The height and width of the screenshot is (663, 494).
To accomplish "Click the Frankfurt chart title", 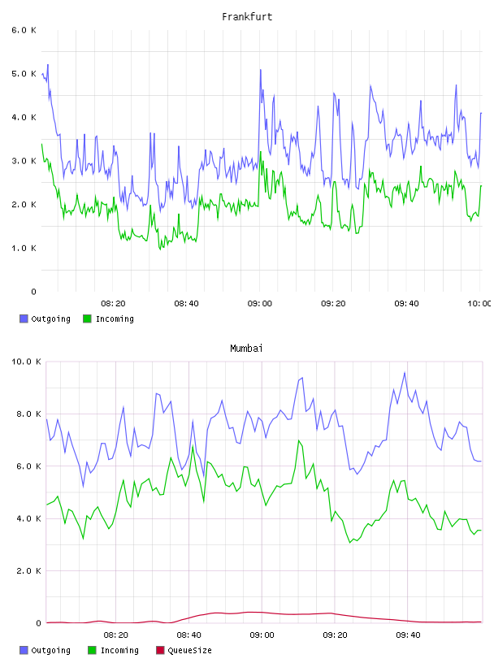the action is point(247,16).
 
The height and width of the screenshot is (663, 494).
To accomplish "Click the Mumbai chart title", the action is point(246,348).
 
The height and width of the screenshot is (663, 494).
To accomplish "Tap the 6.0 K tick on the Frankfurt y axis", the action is point(24,30).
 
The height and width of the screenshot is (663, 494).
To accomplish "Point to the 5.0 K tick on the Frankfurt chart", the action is point(24,74).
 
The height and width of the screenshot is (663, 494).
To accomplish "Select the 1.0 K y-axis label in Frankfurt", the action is point(24,248).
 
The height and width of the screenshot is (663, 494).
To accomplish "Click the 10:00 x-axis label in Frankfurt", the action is point(479,303).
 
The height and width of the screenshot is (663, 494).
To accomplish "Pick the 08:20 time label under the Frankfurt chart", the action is point(114,303).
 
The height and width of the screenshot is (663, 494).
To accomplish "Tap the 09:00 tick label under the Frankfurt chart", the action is point(260,303).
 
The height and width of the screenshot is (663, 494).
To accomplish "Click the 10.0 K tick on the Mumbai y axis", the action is point(26,362).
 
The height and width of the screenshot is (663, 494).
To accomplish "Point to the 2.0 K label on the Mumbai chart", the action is point(28,571).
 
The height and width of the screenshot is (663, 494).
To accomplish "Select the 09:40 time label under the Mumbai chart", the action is point(408,635).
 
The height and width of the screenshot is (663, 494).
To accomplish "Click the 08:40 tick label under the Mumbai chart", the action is point(188,635).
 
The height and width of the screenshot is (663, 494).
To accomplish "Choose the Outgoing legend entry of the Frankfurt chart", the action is point(45,318).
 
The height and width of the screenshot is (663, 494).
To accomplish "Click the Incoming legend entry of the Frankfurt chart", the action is point(108,318).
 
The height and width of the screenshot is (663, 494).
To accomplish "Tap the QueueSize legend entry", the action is point(184,650).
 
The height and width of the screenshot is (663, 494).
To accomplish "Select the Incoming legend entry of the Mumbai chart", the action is point(113,650).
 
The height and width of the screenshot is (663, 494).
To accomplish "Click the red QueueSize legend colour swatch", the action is point(160,650).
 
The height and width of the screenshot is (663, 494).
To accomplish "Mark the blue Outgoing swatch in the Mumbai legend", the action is point(24,650).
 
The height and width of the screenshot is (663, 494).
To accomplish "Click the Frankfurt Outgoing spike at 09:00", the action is point(261,70).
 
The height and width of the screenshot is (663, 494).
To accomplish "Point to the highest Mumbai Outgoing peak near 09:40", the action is point(405,372).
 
